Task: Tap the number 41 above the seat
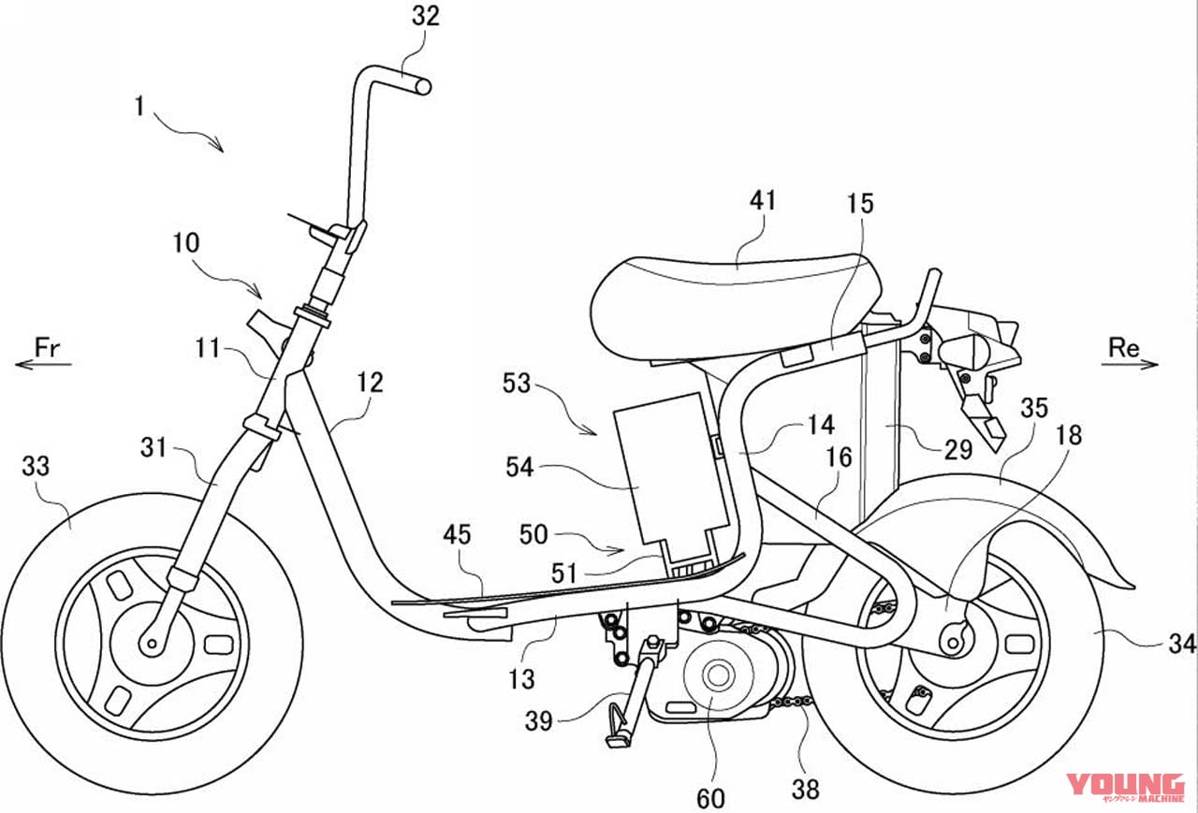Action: point(763,201)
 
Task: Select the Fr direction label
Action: point(49,348)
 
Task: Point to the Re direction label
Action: point(1123,348)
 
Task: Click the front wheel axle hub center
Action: point(150,643)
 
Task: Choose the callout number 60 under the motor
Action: point(711,798)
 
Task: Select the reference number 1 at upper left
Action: point(139,107)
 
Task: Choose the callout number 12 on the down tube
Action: point(370,384)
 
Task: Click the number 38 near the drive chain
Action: point(805,790)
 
